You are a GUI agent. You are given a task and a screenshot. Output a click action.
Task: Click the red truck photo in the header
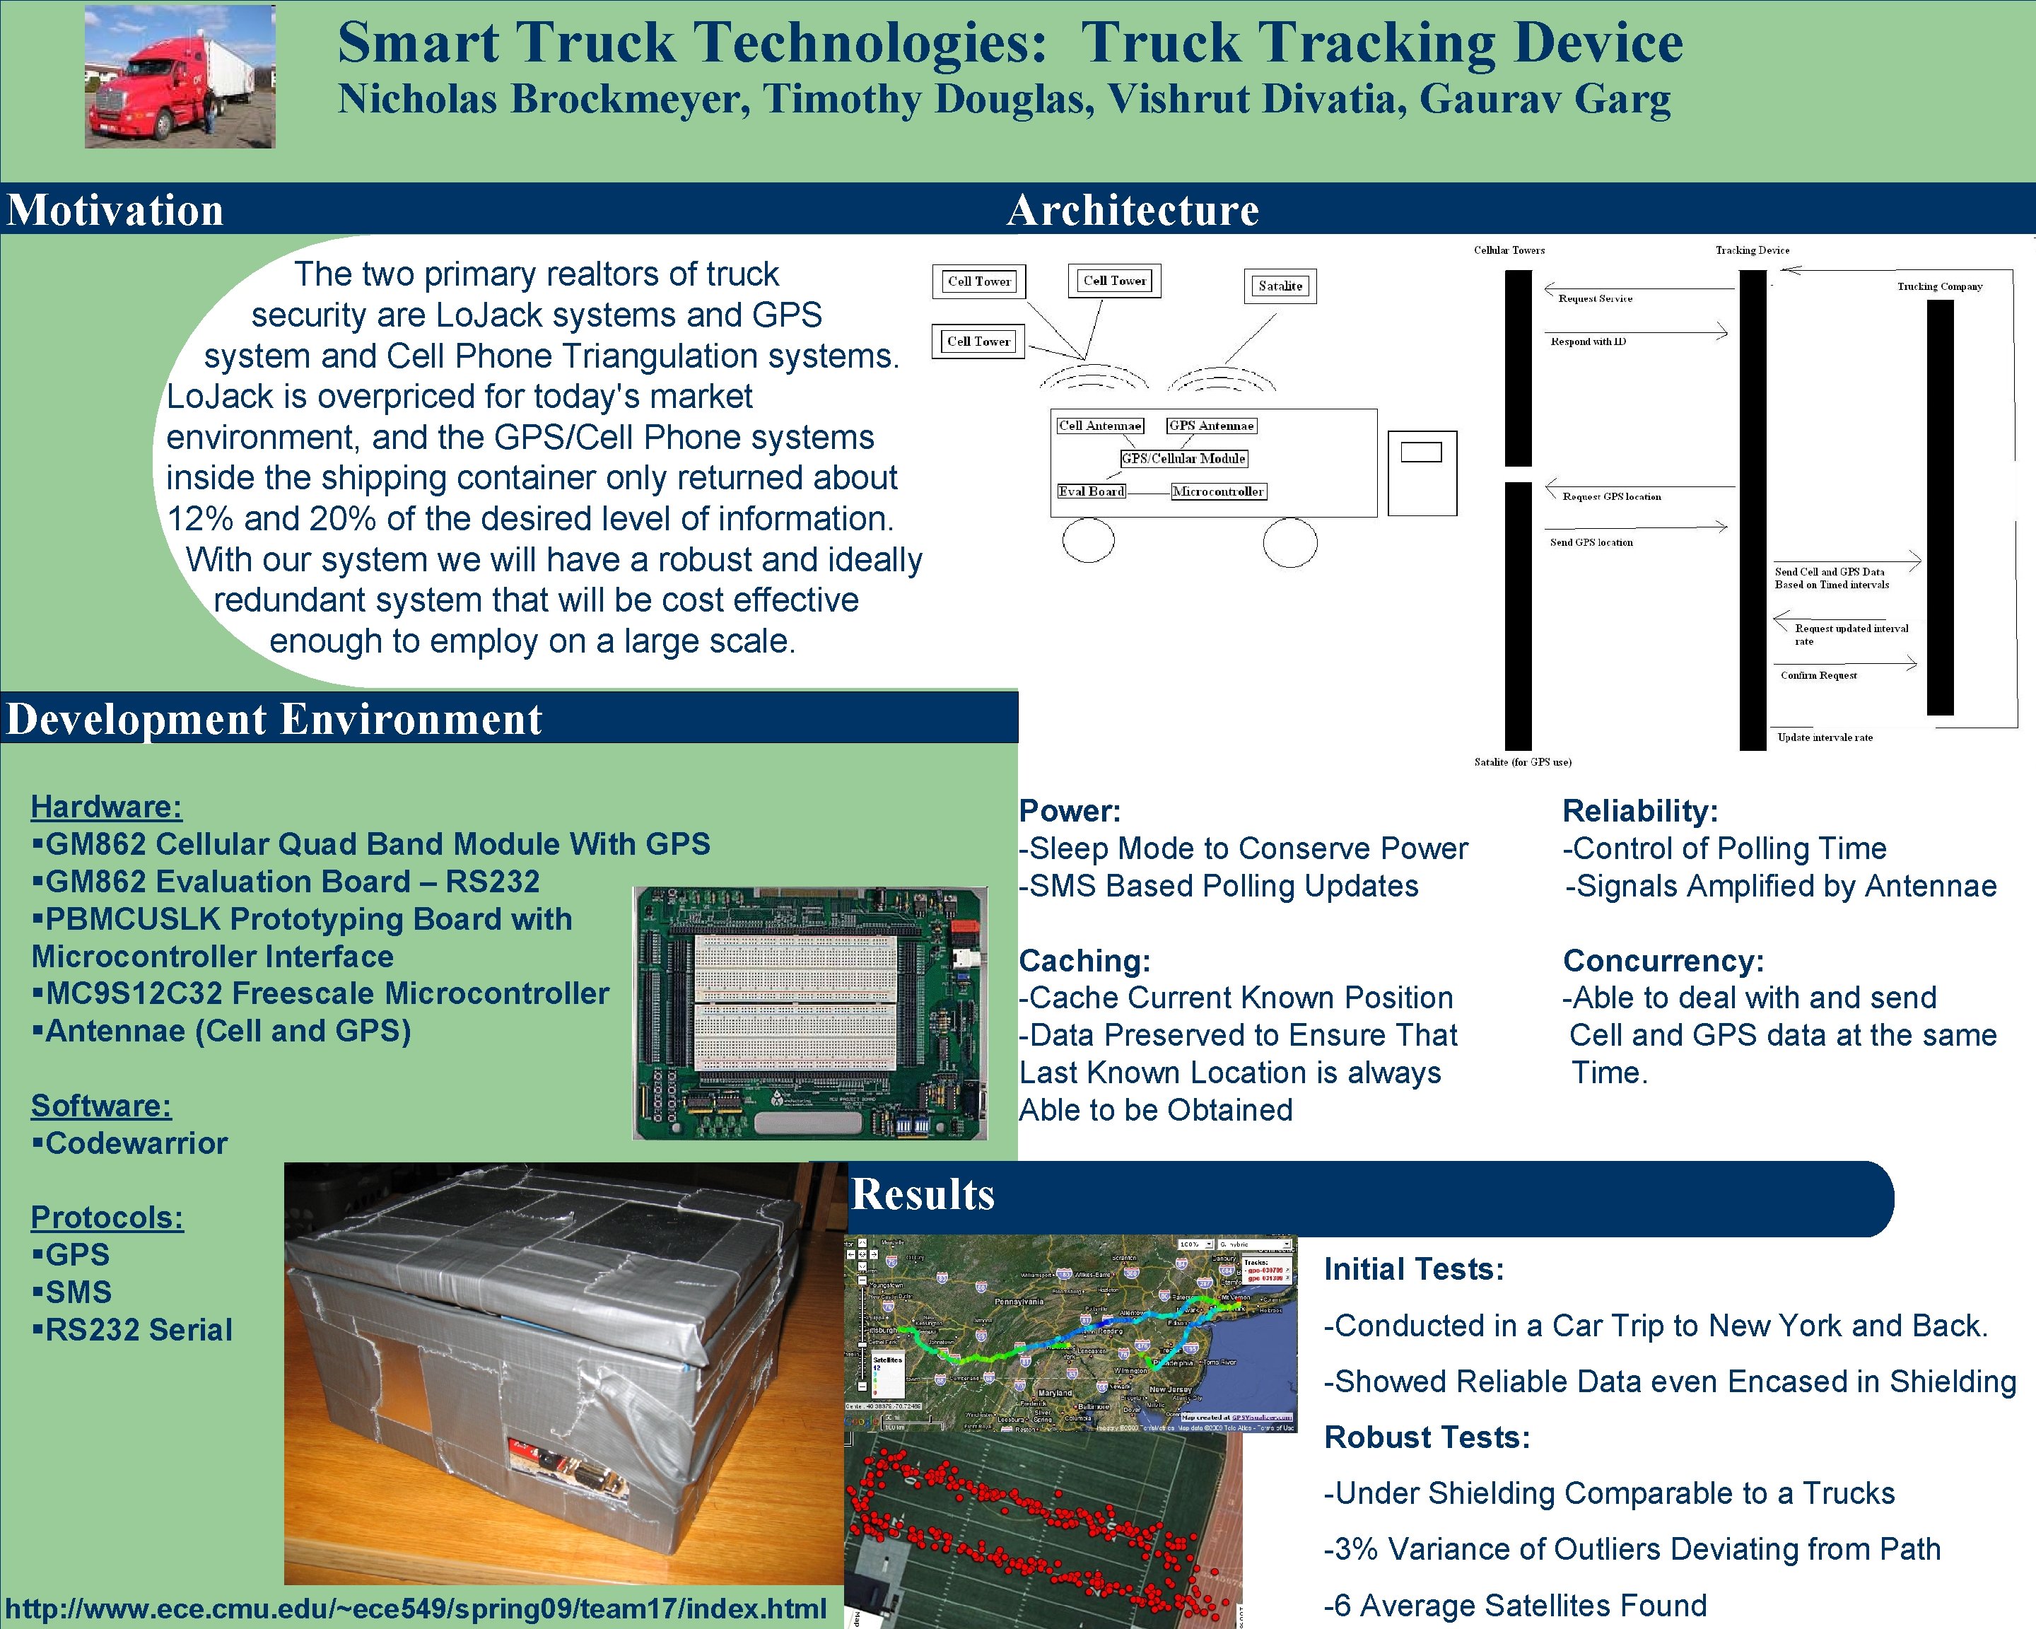click(180, 76)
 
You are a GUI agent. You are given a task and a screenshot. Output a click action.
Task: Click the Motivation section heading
click(115, 210)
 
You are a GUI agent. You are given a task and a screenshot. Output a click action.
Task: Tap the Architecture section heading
click(1133, 210)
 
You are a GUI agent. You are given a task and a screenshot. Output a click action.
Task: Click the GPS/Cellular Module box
click(1183, 459)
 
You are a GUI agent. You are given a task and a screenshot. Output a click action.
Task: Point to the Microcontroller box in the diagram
click(1218, 492)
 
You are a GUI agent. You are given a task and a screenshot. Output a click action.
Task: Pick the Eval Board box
click(1091, 492)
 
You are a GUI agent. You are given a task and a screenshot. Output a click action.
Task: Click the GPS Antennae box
click(1211, 426)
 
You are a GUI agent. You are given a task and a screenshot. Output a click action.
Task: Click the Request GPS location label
click(1611, 497)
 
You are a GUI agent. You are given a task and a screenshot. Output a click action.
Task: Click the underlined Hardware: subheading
click(106, 807)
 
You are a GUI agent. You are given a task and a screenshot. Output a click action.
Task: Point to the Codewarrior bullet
click(130, 1143)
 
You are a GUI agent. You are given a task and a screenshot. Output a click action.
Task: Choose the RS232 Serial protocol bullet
click(132, 1330)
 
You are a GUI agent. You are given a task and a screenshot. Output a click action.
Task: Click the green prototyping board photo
click(809, 1012)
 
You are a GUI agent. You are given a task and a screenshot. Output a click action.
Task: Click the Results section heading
click(923, 1195)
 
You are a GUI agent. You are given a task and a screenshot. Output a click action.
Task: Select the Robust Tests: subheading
click(1426, 1437)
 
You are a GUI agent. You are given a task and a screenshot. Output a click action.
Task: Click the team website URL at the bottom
click(416, 1608)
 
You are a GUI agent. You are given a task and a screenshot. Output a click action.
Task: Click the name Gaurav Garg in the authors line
click(1544, 99)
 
